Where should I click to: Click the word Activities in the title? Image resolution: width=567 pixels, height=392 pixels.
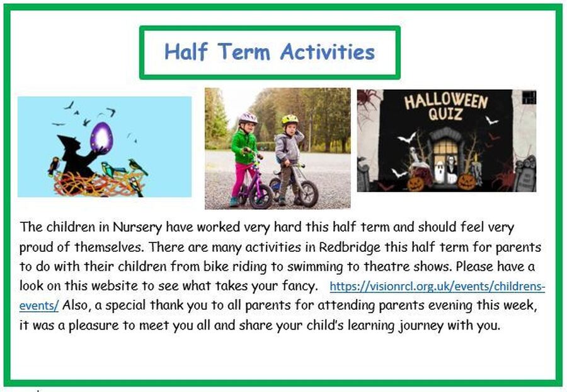[x=327, y=51]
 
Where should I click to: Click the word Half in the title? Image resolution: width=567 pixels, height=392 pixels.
[x=186, y=51]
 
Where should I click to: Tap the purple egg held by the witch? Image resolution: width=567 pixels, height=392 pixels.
[x=101, y=138]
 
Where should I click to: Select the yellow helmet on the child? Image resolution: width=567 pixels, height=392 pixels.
[x=290, y=119]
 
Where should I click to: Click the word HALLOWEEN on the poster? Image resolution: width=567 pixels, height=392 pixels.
[x=446, y=102]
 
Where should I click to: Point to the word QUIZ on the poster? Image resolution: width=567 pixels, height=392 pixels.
[x=445, y=114]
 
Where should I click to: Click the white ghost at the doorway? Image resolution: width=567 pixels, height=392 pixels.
[x=439, y=172]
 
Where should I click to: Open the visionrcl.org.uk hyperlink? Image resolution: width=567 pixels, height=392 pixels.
[x=437, y=287]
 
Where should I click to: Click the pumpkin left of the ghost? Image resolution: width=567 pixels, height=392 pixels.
[x=416, y=183]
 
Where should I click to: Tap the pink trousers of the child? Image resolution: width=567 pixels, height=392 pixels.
[x=239, y=180]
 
